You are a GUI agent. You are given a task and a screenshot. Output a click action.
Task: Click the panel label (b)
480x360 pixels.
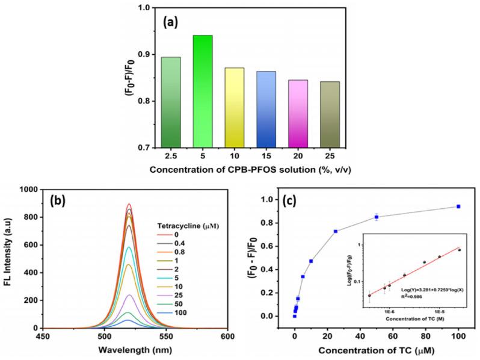coord(63,200)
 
